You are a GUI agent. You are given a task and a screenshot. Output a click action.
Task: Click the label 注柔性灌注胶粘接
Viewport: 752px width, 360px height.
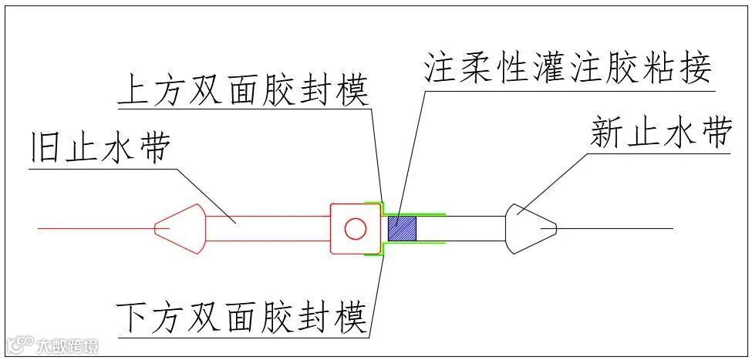(x=567, y=69)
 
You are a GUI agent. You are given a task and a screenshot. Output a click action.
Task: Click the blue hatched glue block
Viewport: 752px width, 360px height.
(x=402, y=229)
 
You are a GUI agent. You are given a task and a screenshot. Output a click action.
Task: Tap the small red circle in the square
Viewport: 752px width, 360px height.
(x=355, y=229)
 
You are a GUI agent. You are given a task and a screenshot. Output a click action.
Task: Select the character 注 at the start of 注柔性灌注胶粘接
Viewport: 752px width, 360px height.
(x=439, y=69)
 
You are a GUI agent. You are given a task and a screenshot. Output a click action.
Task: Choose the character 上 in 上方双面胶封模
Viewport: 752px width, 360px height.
(x=132, y=93)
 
